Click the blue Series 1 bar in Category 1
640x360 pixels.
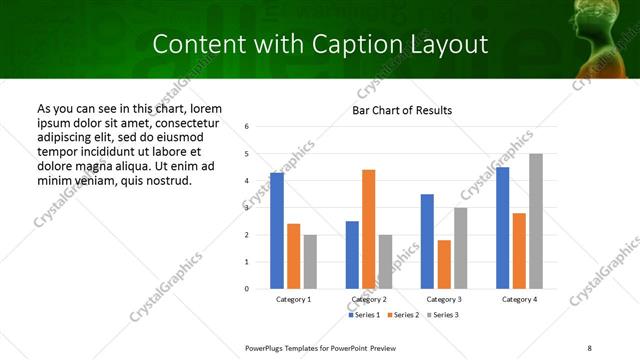tap(277, 231)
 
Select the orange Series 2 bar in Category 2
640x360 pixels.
tap(368, 229)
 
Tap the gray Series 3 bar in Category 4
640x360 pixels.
tap(536, 221)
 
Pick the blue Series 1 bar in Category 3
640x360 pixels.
tap(427, 241)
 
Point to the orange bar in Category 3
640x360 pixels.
tap(444, 264)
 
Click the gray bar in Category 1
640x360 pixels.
tap(310, 262)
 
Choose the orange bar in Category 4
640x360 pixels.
tap(520, 251)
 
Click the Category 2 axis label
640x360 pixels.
tap(369, 299)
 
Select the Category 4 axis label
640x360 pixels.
tap(519, 299)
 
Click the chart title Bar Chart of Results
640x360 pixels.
tap(402, 109)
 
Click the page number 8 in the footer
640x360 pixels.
tap(589, 346)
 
